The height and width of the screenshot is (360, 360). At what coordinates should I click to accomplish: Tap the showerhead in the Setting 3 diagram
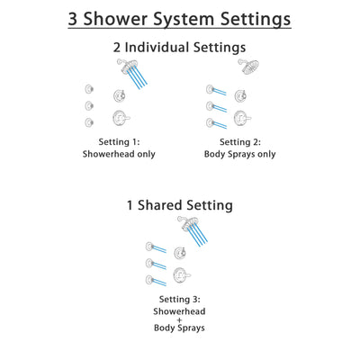(184, 222)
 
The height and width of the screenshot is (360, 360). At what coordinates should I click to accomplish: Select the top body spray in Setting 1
(87, 88)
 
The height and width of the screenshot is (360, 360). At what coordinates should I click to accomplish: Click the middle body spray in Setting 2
(211, 105)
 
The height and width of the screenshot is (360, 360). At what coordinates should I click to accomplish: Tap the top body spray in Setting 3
(149, 246)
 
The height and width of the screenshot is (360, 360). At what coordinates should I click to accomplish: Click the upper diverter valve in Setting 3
(181, 253)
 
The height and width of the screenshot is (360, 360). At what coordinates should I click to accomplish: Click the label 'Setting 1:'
(119, 141)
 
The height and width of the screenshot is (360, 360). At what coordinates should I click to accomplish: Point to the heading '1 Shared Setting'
(180, 205)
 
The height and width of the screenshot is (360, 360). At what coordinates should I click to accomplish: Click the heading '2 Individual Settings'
(180, 48)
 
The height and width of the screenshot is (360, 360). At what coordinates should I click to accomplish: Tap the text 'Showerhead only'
(119, 154)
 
